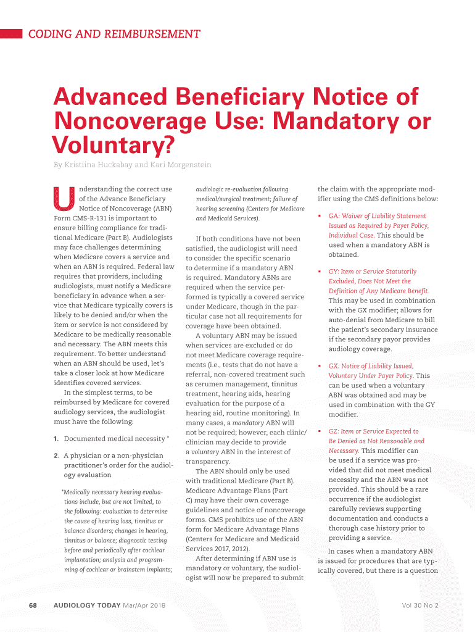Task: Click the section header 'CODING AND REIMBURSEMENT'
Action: point(114,35)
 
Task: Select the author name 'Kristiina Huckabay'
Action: point(94,165)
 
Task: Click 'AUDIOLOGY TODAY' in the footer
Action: point(87,605)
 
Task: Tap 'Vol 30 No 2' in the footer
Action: point(419,605)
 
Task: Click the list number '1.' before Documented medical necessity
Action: point(56,439)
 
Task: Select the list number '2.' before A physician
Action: point(56,455)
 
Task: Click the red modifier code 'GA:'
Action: point(335,216)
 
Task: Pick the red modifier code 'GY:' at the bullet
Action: point(335,272)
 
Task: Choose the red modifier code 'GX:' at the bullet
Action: point(335,366)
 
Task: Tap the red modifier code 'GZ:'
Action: point(335,431)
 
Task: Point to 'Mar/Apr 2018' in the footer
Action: point(145,605)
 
